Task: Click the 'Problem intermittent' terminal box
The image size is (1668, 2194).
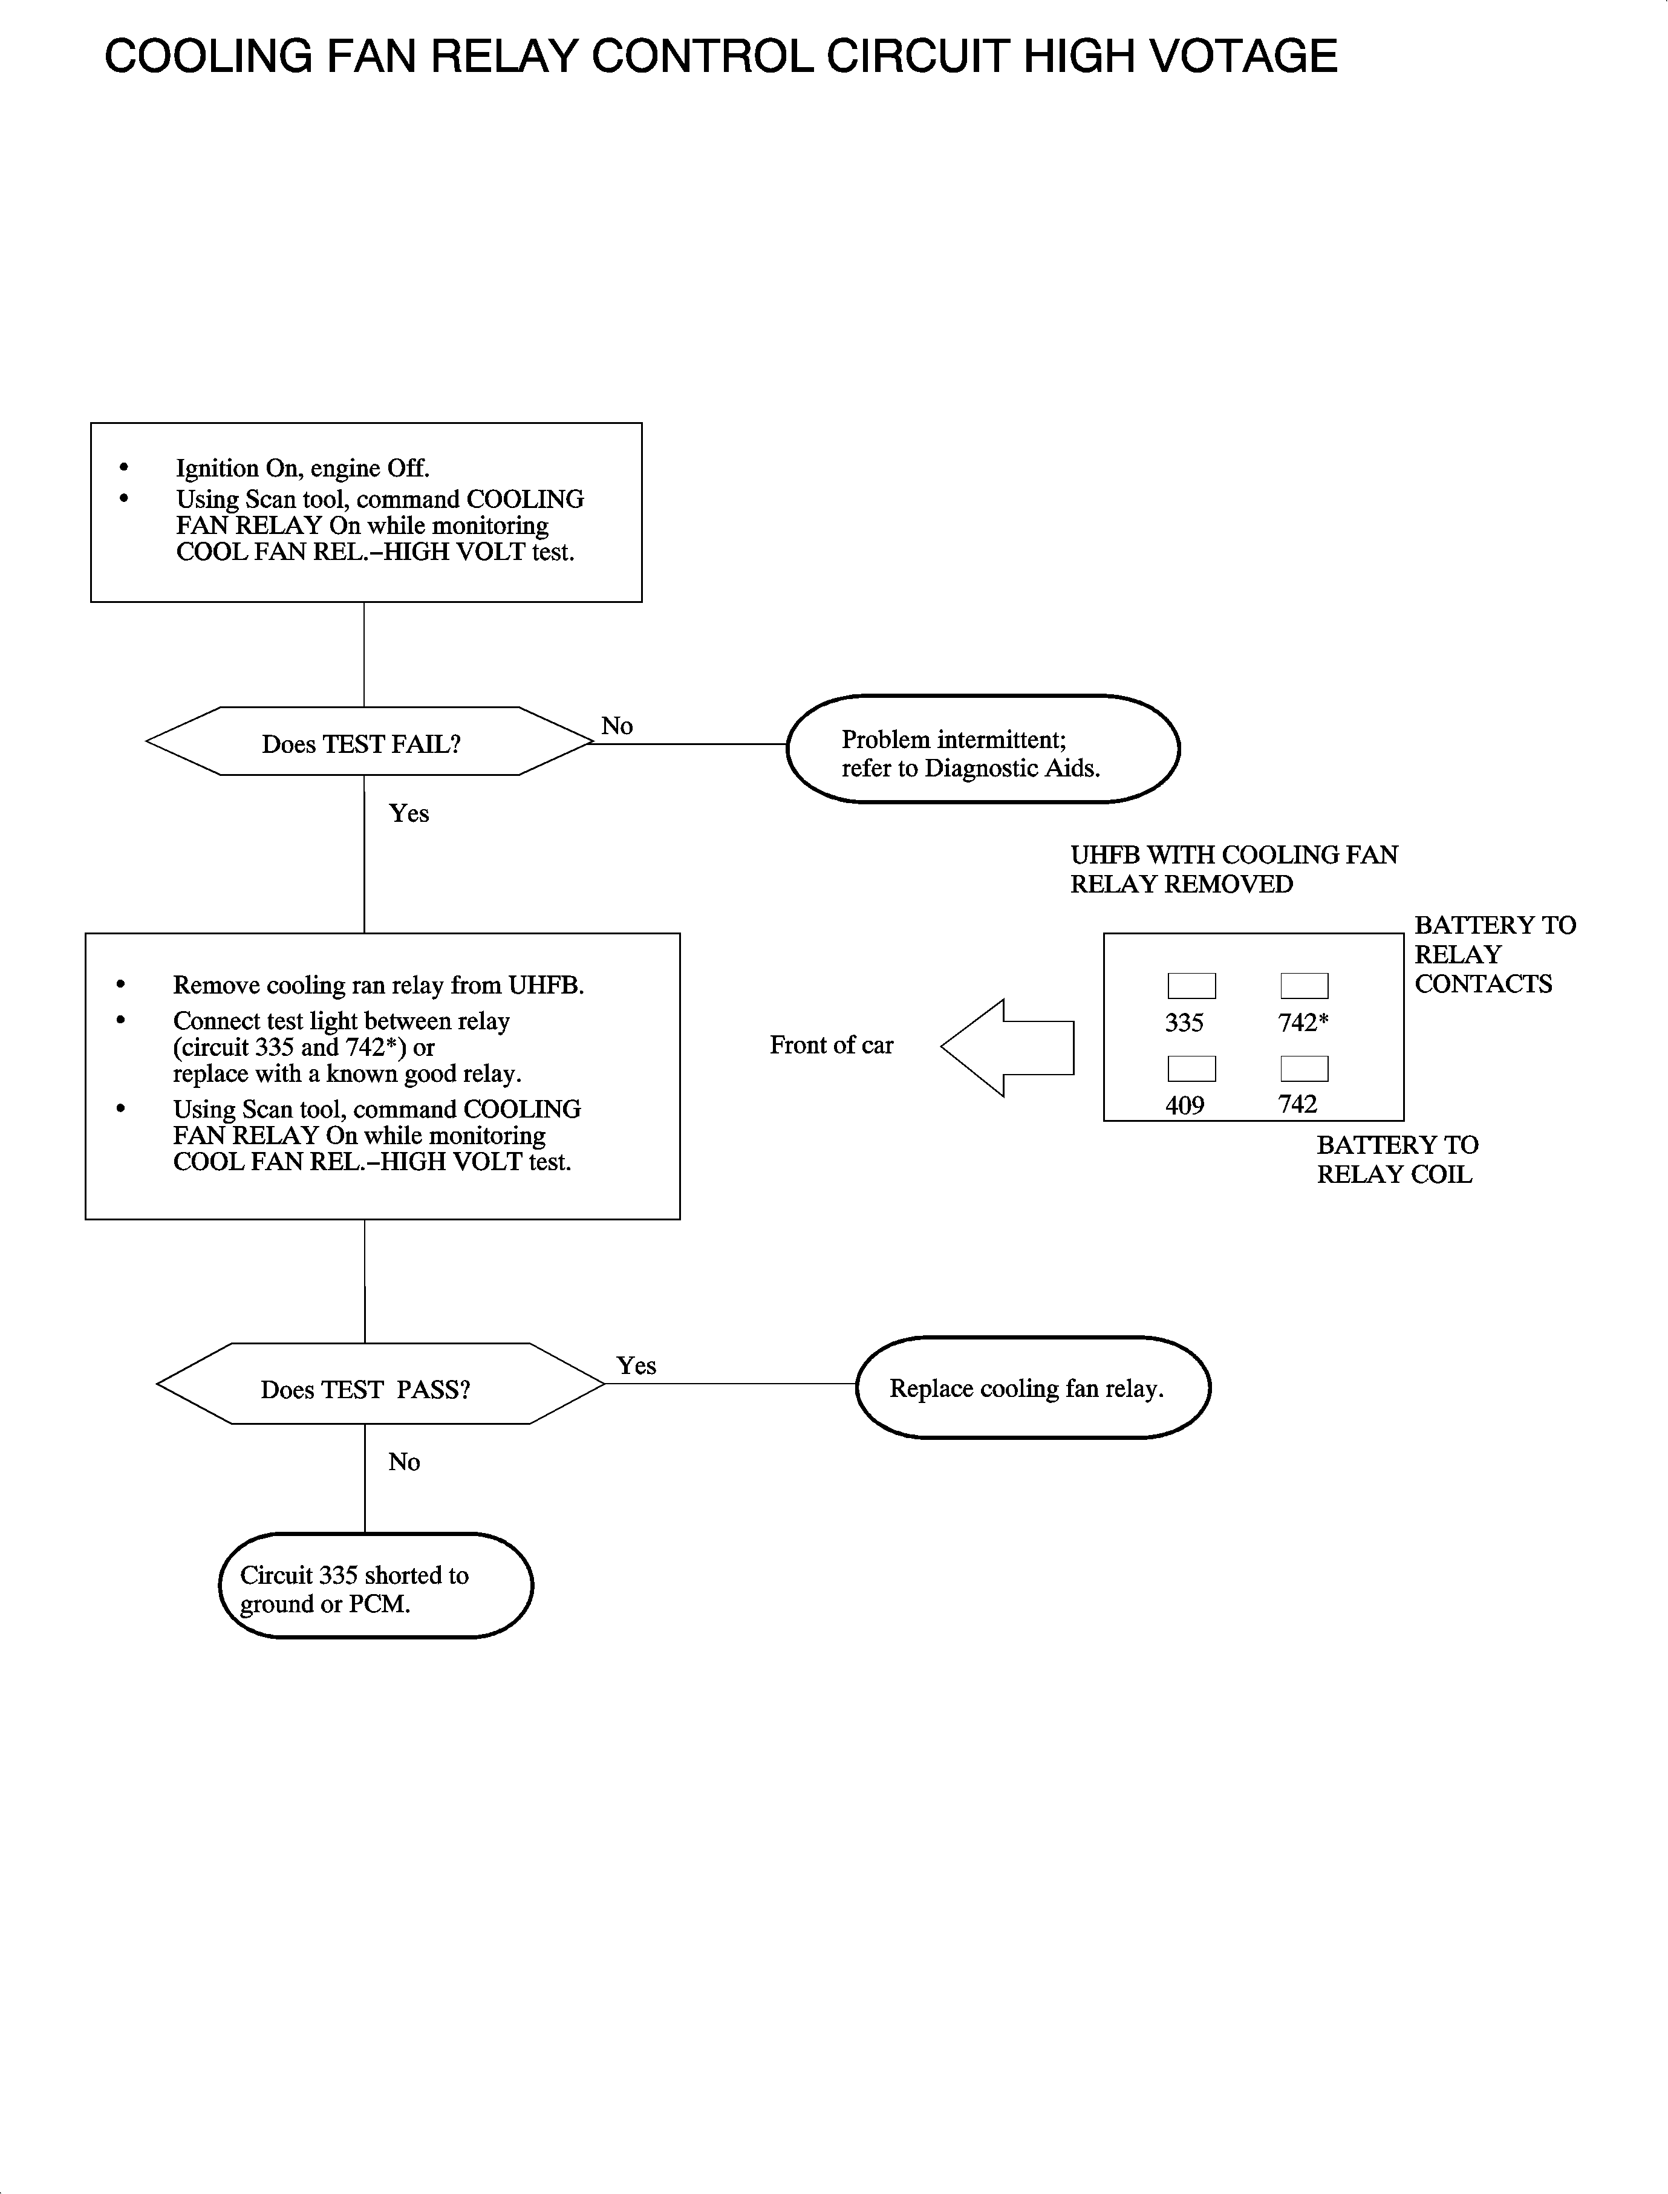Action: click(x=982, y=749)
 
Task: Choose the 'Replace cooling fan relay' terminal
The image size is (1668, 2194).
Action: click(x=1032, y=1387)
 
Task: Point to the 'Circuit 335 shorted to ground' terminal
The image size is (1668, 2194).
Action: click(x=376, y=1586)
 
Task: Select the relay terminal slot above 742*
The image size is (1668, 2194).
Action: click(x=1304, y=985)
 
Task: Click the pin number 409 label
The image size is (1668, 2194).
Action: click(x=1185, y=1105)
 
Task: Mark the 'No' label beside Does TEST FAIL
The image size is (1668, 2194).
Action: click(x=616, y=726)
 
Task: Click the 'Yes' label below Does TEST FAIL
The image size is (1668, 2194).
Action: click(x=409, y=813)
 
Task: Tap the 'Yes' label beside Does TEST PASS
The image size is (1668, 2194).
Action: click(x=636, y=1365)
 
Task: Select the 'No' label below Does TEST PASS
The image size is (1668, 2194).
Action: click(x=404, y=1461)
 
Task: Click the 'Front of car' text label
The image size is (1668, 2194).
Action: click(x=831, y=1044)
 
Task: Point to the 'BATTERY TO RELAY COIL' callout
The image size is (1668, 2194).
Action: click(x=1396, y=1159)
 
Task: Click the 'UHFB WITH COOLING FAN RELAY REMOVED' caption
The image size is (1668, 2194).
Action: click(x=1233, y=868)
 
